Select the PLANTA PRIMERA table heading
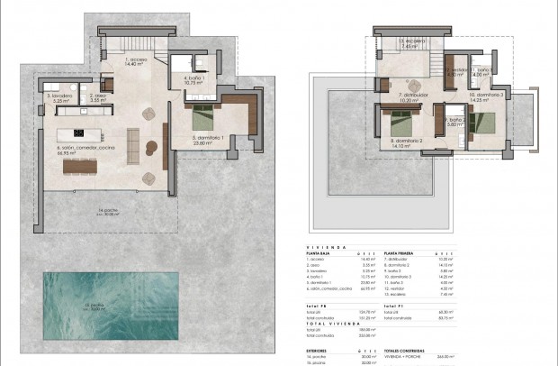(402, 254)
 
